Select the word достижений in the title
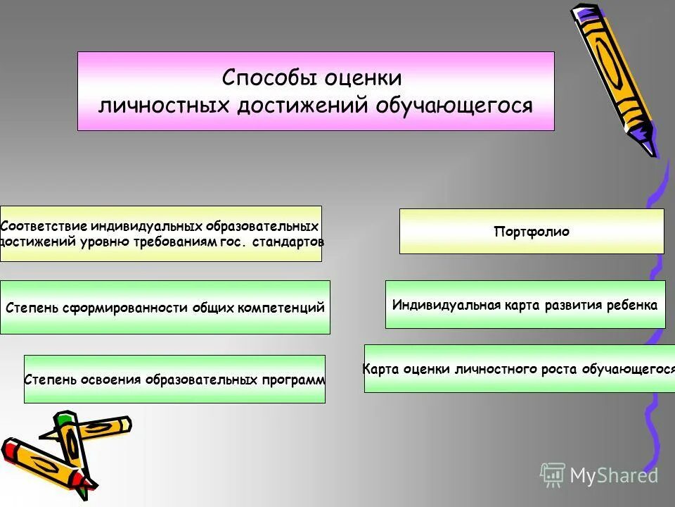(304, 106)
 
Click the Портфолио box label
(532, 232)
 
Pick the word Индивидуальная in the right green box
(446, 306)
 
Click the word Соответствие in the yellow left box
(44, 227)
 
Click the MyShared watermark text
(613, 475)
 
